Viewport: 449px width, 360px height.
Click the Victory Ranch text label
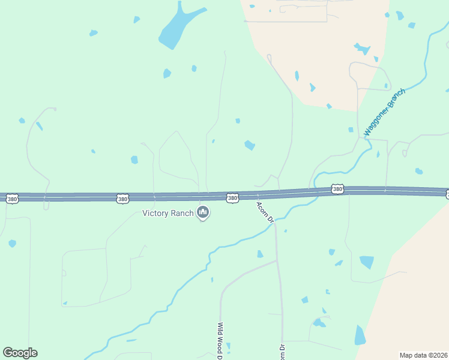point(167,213)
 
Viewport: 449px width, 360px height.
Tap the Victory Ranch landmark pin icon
point(203,212)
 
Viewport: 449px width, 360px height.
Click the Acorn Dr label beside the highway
point(265,212)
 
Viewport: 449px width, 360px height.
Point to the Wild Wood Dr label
point(220,340)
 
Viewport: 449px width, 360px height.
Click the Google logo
point(20,353)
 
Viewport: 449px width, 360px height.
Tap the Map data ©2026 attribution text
point(423,355)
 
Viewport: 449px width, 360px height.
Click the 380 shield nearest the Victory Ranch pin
point(232,197)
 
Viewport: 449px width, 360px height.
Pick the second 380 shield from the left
point(122,199)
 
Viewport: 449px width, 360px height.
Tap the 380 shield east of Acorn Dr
point(337,190)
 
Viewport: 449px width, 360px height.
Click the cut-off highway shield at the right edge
point(447,194)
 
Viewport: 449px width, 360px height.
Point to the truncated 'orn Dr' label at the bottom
point(280,351)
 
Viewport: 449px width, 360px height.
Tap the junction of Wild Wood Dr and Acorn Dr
point(276,261)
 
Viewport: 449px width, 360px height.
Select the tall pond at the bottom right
point(360,335)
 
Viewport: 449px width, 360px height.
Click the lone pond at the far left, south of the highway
point(12,244)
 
